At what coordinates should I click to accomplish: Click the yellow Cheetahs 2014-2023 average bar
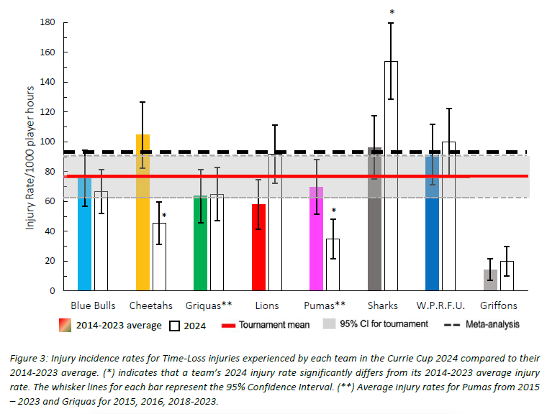click(x=143, y=212)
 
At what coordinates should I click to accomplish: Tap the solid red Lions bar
click(x=258, y=247)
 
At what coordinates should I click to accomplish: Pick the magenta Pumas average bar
click(x=317, y=239)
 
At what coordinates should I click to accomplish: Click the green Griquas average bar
click(x=201, y=243)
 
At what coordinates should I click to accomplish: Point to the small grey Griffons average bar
click(x=490, y=280)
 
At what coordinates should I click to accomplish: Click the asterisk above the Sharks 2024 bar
click(x=392, y=12)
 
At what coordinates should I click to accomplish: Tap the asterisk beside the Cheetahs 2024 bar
click(x=164, y=216)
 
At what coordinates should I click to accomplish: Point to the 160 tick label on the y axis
click(x=48, y=52)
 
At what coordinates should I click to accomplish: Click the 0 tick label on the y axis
click(x=53, y=291)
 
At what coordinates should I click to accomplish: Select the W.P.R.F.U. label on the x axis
click(x=440, y=305)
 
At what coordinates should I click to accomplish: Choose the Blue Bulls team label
click(x=93, y=305)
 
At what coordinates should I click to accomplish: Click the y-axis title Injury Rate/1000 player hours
click(x=30, y=157)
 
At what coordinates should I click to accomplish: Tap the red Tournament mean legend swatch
click(x=228, y=326)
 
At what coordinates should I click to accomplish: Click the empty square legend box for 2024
click(x=174, y=326)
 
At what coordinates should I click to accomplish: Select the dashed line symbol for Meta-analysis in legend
click(x=452, y=325)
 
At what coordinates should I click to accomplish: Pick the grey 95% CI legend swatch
click(x=330, y=323)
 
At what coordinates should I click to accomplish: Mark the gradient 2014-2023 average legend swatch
click(x=65, y=325)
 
